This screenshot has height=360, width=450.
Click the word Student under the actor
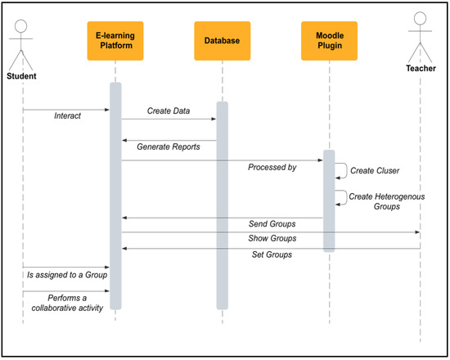22,75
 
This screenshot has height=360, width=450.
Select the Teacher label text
421,92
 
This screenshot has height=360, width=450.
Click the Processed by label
272,168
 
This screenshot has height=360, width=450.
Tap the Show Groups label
272,239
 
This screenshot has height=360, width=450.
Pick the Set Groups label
272,254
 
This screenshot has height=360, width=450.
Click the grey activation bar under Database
222,205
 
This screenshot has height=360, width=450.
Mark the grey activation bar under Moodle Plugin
329,200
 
